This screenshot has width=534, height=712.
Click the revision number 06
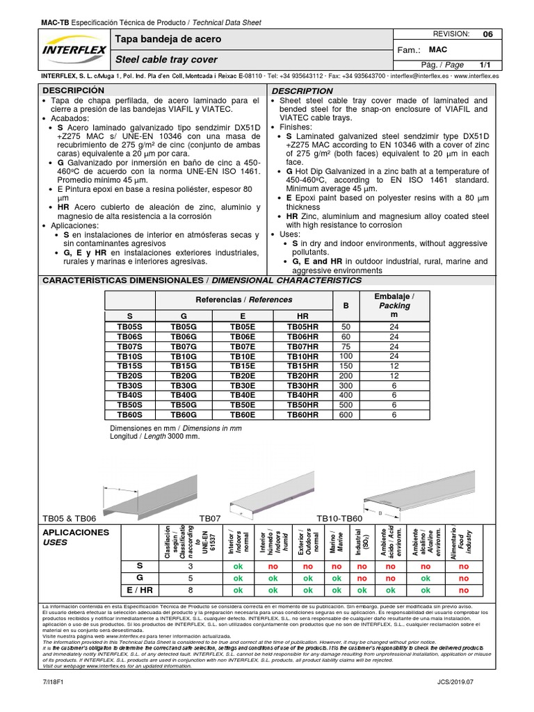click(487, 34)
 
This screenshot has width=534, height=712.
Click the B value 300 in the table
click(346, 385)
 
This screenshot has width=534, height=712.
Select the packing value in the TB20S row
click(394, 375)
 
